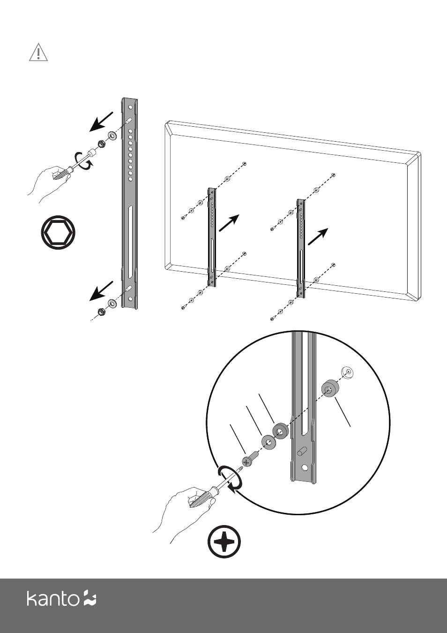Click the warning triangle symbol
click(x=38, y=53)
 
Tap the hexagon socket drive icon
click(x=58, y=232)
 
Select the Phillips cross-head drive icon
click(x=224, y=542)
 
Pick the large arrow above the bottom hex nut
click(x=101, y=290)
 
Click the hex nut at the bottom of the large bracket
click(x=100, y=311)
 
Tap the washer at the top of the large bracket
click(x=112, y=136)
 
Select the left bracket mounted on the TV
click(x=212, y=236)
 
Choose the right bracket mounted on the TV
click(x=301, y=248)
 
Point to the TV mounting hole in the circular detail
click(x=347, y=372)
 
